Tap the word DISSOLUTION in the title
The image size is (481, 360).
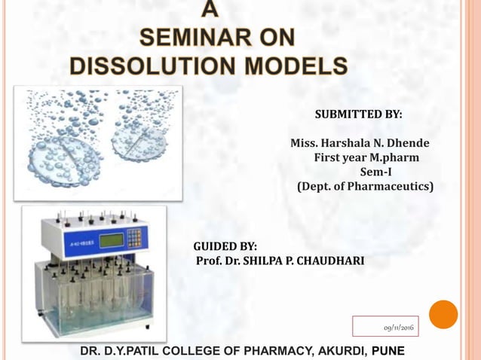pyautogui.click(x=150, y=66)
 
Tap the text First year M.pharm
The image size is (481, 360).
pyautogui.click(x=366, y=157)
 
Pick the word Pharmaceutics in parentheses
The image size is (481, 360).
pyautogui.click(x=393, y=185)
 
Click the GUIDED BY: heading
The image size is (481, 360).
pyautogui.click(x=225, y=246)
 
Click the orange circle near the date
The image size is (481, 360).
pyautogui.click(x=443, y=314)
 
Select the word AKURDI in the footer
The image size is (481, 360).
pyautogui.click(x=332, y=351)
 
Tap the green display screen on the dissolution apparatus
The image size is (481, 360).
pyautogui.click(x=112, y=239)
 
